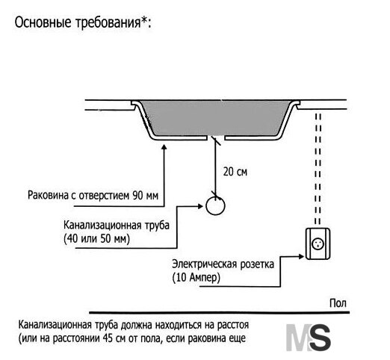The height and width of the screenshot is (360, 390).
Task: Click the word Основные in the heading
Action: [x=43, y=22]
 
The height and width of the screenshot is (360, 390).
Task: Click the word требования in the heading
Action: [x=108, y=23]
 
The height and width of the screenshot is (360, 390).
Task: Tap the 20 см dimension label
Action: [x=235, y=172]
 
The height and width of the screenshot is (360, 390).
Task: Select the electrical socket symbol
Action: [x=318, y=243]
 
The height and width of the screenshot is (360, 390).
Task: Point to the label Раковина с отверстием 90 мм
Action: [x=93, y=196]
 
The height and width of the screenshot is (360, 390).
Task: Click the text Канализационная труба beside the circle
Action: [x=117, y=226]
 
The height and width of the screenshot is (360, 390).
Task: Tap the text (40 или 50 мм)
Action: [x=96, y=239]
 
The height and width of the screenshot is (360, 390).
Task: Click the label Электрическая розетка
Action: [x=223, y=264]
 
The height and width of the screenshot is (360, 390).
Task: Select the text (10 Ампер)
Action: [x=196, y=278]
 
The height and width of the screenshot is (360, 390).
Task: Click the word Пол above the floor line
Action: [x=338, y=303]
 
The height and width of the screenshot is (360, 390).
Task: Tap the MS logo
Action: [x=309, y=337]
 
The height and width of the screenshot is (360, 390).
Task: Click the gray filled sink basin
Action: [x=216, y=118]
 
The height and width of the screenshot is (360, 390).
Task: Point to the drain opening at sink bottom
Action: [x=216, y=138]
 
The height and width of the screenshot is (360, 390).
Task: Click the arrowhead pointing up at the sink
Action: [x=164, y=147]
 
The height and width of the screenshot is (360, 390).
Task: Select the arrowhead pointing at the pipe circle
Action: [x=200, y=206]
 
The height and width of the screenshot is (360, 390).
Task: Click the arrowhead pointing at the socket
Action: [x=301, y=256]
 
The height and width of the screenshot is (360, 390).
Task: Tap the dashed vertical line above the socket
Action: [x=318, y=169]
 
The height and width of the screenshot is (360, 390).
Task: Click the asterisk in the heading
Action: [x=143, y=19]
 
